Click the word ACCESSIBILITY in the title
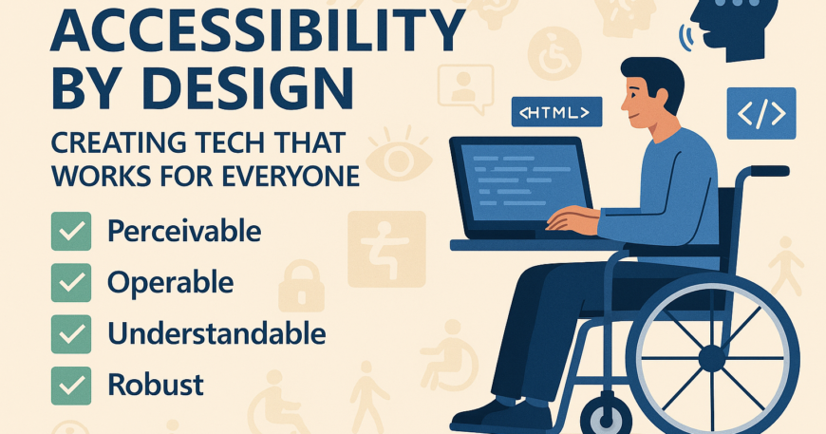[x=257, y=31]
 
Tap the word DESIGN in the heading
[x=248, y=89]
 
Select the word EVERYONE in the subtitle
[x=291, y=177]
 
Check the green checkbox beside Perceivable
[x=71, y=231]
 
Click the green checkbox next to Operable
[x=71, y=283]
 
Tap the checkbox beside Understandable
[x=71, y=334]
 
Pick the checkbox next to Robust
[x=71, y=386]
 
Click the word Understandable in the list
[x=216, y=333]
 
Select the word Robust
[x=156, y=385]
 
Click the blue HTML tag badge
[x=556, y=112]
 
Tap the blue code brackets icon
[x=761, y=113]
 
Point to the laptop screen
[x=523, y=182]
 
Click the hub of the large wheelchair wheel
[x=712, y=359]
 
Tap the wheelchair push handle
[x=770, y=171]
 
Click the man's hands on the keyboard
[x=572, y=219]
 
